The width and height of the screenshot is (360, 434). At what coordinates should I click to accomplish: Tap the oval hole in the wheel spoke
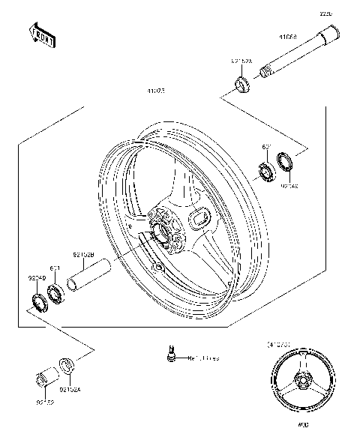[x=202, y=218]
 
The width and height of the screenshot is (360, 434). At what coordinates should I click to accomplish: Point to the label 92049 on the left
[x=37, y=278]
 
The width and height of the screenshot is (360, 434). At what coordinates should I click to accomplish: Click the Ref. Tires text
[x=202, y=359]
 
